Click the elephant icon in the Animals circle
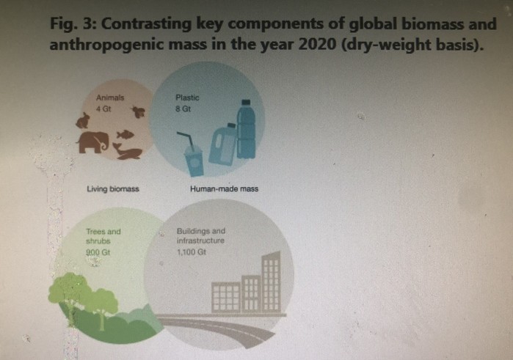point(92,142)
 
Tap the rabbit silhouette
point(83,120)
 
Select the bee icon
point(139,111)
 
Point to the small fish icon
point(125,133)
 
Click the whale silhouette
point(127,151)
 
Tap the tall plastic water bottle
point(246,130)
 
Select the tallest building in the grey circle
point(271,282)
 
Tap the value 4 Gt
point(103,109)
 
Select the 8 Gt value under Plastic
point(183,109)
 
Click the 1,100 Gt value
point(192,252)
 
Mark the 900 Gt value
point(98,252)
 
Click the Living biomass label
point(113,189)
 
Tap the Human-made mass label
point(224,189)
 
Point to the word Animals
point(110,98)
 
